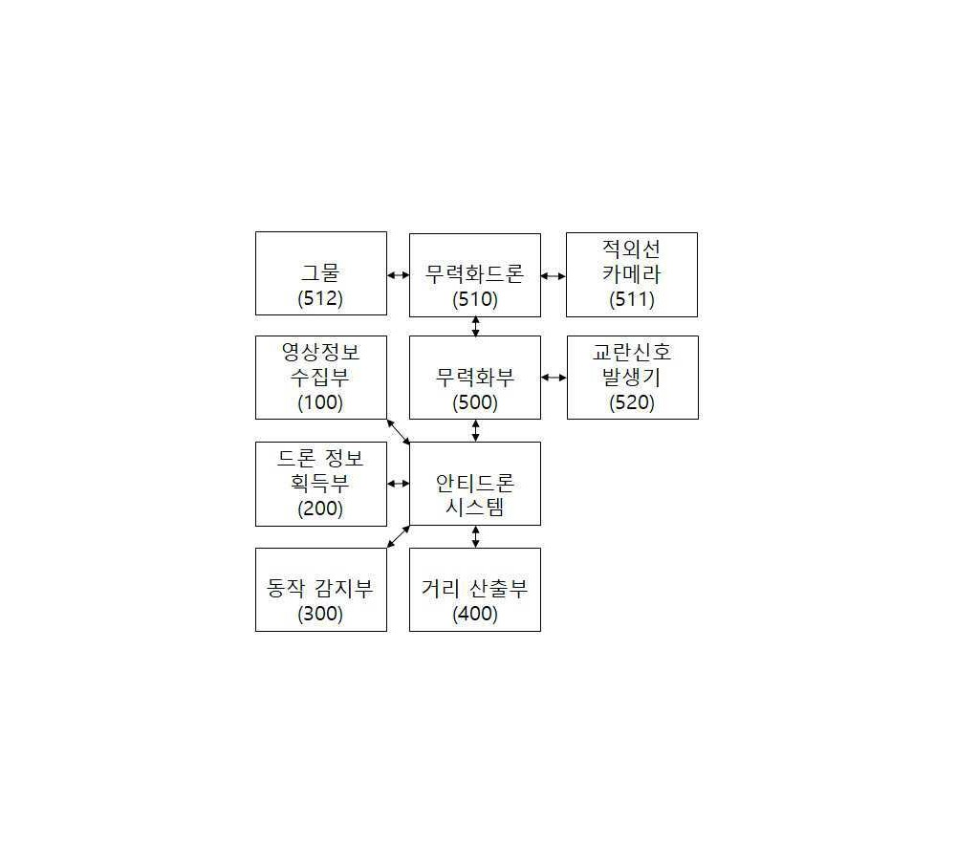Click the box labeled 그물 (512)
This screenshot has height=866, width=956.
320,273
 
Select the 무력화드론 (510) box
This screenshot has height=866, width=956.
475,275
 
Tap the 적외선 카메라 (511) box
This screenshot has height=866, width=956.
632,274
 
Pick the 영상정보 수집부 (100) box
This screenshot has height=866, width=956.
320,378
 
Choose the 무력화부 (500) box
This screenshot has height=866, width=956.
475,378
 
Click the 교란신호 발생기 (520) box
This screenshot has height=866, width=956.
632,378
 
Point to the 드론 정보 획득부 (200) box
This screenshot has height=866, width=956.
320,484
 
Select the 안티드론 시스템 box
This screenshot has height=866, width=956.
475,484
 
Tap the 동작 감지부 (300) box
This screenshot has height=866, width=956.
320,590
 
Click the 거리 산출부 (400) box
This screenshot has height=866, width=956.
475,590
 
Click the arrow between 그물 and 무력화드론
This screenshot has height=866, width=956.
398,275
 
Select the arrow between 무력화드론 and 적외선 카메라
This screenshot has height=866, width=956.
553,276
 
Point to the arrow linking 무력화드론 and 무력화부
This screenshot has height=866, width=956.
475,326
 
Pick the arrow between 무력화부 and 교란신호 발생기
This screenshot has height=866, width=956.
554,378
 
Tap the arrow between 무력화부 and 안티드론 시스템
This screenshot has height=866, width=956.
475,430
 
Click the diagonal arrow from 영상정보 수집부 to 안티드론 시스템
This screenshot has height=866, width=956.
399,431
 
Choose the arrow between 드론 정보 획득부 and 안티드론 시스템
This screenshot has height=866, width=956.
398,484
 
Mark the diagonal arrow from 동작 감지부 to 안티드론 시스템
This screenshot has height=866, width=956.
399,536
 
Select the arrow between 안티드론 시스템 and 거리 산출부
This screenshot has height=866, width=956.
475,536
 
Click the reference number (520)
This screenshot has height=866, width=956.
632,402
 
